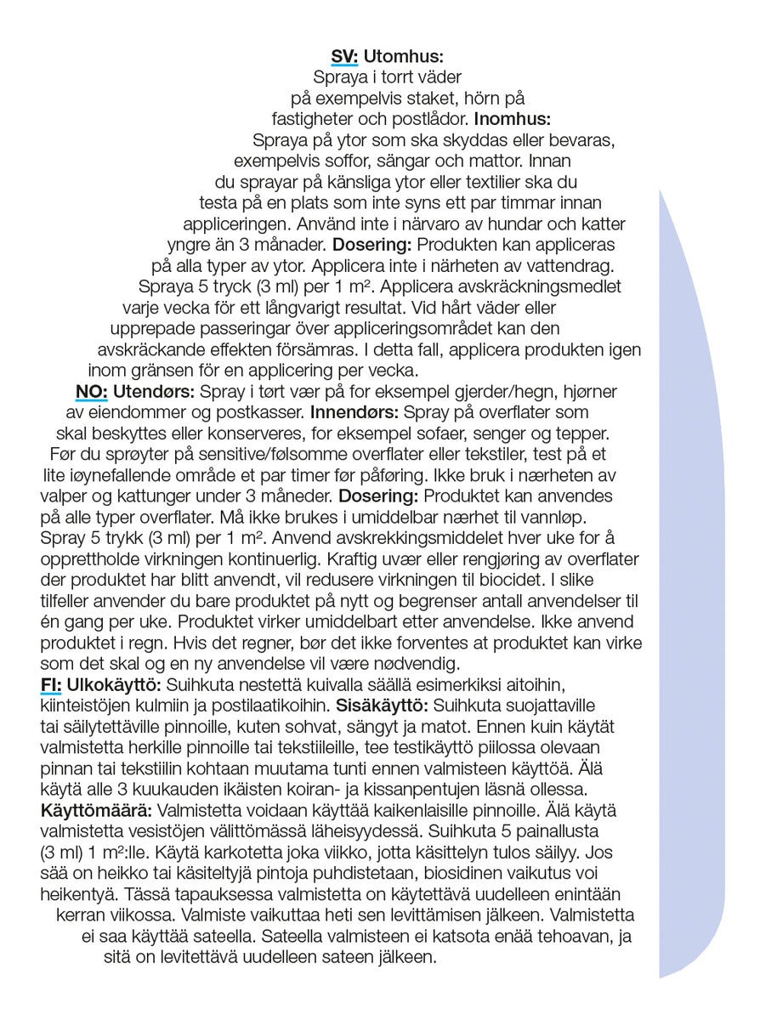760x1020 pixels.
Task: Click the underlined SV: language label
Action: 344,57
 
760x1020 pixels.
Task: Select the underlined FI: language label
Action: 51,686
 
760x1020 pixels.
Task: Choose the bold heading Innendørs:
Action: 356,412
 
